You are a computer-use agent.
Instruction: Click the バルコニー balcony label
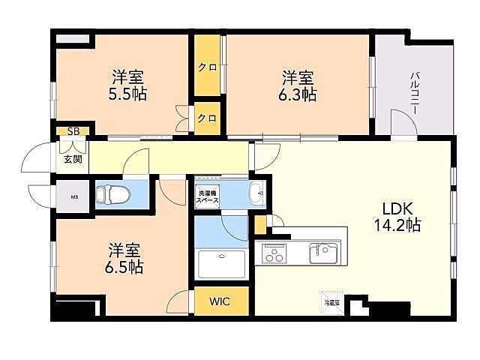[x=414, y=94]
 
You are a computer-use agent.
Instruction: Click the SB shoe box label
[x=73, y=131]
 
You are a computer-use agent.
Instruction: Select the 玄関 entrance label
[x=73, y=159]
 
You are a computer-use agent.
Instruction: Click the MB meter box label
[x=73, y=198]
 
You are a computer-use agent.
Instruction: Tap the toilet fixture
[x=114, y=195]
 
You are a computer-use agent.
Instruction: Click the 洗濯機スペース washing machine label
[x=208, y=196]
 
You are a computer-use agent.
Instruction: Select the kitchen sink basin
[x=324, y=253]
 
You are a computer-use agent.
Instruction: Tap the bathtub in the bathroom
[x=223, y=264]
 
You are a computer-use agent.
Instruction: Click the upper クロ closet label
[x=208, y=67]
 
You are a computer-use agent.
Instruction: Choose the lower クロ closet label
[x=208, y=118]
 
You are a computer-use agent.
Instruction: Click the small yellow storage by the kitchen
[x=260, y=223]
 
